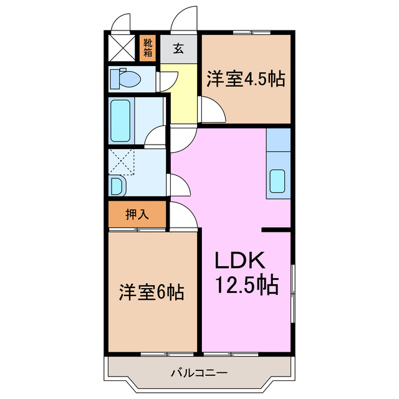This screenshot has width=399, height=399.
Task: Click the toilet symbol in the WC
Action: [124, 79]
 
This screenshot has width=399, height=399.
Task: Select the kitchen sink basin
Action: [277, 181]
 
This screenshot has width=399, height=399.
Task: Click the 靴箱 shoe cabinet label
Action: [148, 47]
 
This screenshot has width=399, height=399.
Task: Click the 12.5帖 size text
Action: [247, 285]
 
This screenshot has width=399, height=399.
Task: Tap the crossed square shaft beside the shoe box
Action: [121, 47]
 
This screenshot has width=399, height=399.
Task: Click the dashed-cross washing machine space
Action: [122, 161]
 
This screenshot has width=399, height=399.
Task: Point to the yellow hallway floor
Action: [181, 100]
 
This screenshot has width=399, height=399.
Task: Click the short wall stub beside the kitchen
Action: [276, 231]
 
